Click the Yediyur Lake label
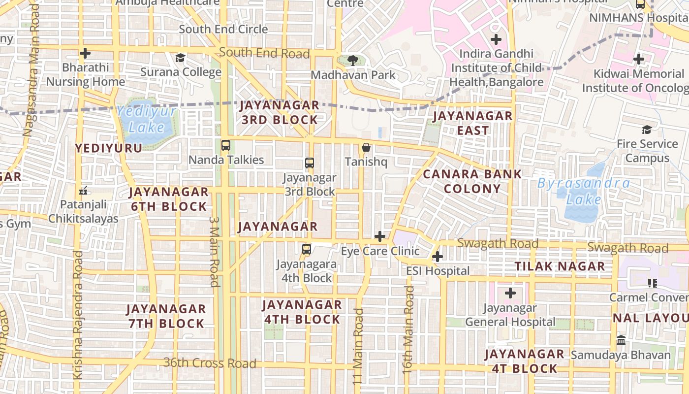coord(147,120)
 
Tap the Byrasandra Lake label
coord(584,192)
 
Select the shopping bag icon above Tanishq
coord(366,147)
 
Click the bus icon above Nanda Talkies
coord(226,145)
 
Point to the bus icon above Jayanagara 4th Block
coord(307,249)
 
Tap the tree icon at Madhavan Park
coord(352,61)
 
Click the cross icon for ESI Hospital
coord(437,257)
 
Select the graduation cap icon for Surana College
coord(181,58)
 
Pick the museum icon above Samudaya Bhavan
coord(621,340)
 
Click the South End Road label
coord(264,53)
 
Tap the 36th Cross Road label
coord(210,363)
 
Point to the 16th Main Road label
coord(408,330)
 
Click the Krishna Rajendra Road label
coord(78,315)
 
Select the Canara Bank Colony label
coord(472,181)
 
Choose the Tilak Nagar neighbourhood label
coord(560,266)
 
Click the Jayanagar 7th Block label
coord(166,316)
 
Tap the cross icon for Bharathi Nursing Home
coord(85,53)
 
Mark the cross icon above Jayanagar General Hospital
coord(510,294)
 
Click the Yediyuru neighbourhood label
coord(108,148)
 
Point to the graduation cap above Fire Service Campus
coord(647,130)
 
